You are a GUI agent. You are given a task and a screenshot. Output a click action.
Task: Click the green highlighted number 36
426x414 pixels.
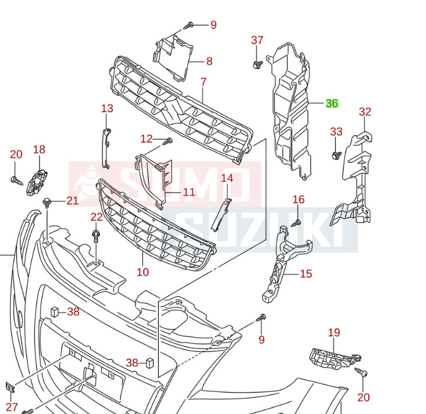pos(332,104)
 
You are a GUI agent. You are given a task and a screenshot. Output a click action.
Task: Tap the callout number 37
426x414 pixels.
pos(257,41)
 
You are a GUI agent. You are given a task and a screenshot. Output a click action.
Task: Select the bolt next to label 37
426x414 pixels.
pos(257,64)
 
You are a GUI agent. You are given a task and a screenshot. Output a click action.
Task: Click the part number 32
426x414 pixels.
pos(365,111)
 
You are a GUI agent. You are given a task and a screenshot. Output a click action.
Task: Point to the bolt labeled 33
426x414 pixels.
pos(335,155)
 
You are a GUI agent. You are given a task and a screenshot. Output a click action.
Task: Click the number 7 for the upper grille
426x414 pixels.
pos(203,82)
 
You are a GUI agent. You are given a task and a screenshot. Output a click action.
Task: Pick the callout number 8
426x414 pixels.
pos(209,61)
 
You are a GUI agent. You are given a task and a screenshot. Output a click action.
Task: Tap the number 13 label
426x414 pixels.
pos(107,108)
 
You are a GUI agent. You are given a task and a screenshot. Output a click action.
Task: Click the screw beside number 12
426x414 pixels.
pos(169,141)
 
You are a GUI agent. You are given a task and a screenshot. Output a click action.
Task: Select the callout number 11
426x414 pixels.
pos(189,192)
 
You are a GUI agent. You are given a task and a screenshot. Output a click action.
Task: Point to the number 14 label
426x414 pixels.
pos(227,178)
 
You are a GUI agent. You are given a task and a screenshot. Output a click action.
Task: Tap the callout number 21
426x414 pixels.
pos(72,201)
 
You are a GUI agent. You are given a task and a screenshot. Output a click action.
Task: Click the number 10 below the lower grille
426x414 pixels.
pos(143,272)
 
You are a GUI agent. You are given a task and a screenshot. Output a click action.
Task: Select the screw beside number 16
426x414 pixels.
pos(295,223)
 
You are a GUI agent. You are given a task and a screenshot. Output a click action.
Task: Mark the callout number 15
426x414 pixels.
pos(305,274)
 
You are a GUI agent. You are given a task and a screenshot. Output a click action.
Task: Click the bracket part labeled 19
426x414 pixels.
pos(332,359)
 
